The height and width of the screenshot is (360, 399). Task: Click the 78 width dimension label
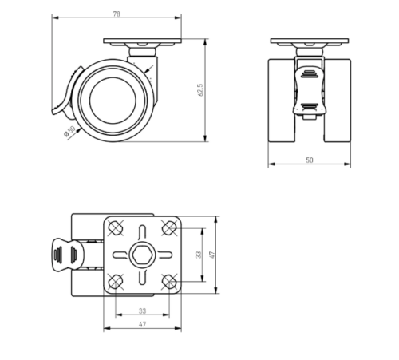[117, 14]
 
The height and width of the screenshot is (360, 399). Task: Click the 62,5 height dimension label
[200, 90]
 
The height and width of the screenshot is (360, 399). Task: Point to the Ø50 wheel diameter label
[70, 131]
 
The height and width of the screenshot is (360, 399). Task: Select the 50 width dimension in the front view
[310, 160]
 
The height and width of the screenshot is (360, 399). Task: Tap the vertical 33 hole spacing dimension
[199, 255]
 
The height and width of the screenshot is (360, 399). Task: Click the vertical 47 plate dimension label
[212, 255]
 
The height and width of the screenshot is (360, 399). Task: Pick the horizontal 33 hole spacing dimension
[142, 311]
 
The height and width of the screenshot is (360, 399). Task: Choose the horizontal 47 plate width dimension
[142, 324]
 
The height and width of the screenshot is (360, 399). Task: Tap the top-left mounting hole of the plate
[116, 228]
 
